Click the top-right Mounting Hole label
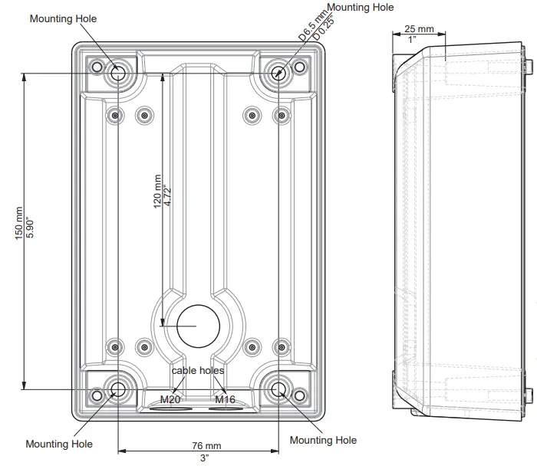tap(360, 8)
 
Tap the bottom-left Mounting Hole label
tap(59, 444)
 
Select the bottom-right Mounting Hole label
tap(323, 440)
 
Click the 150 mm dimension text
tap(19, 222)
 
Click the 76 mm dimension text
tap(206, 446)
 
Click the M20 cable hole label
tap(170, 399)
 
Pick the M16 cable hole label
tap(225, 399)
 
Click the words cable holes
tap(197, 370)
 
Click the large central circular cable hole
tap(198, 324)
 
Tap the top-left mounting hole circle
tap(119, 74)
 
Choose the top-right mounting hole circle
tap(278, 74)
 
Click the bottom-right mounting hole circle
tap(278, 388)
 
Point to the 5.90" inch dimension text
tap(30, 222)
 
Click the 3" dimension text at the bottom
tap(205, 458)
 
